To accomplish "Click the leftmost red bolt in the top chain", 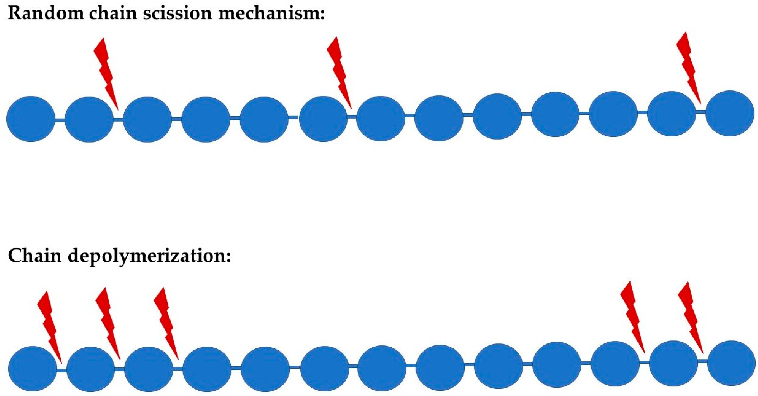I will click(x=106, y=74).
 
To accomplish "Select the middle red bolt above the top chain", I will click(x=339, y=72).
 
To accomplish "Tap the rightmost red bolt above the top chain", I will click(x=688, y=68).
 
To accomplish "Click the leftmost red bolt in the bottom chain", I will click(x=50, y=327).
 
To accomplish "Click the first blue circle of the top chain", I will click(x=31, y=119).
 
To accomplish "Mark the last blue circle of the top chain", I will click(x=730, y=113).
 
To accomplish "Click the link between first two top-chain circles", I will click(x=60, y=120).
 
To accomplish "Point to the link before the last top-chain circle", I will click(x=701, y=112).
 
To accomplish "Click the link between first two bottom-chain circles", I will click(x=62, y=370).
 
